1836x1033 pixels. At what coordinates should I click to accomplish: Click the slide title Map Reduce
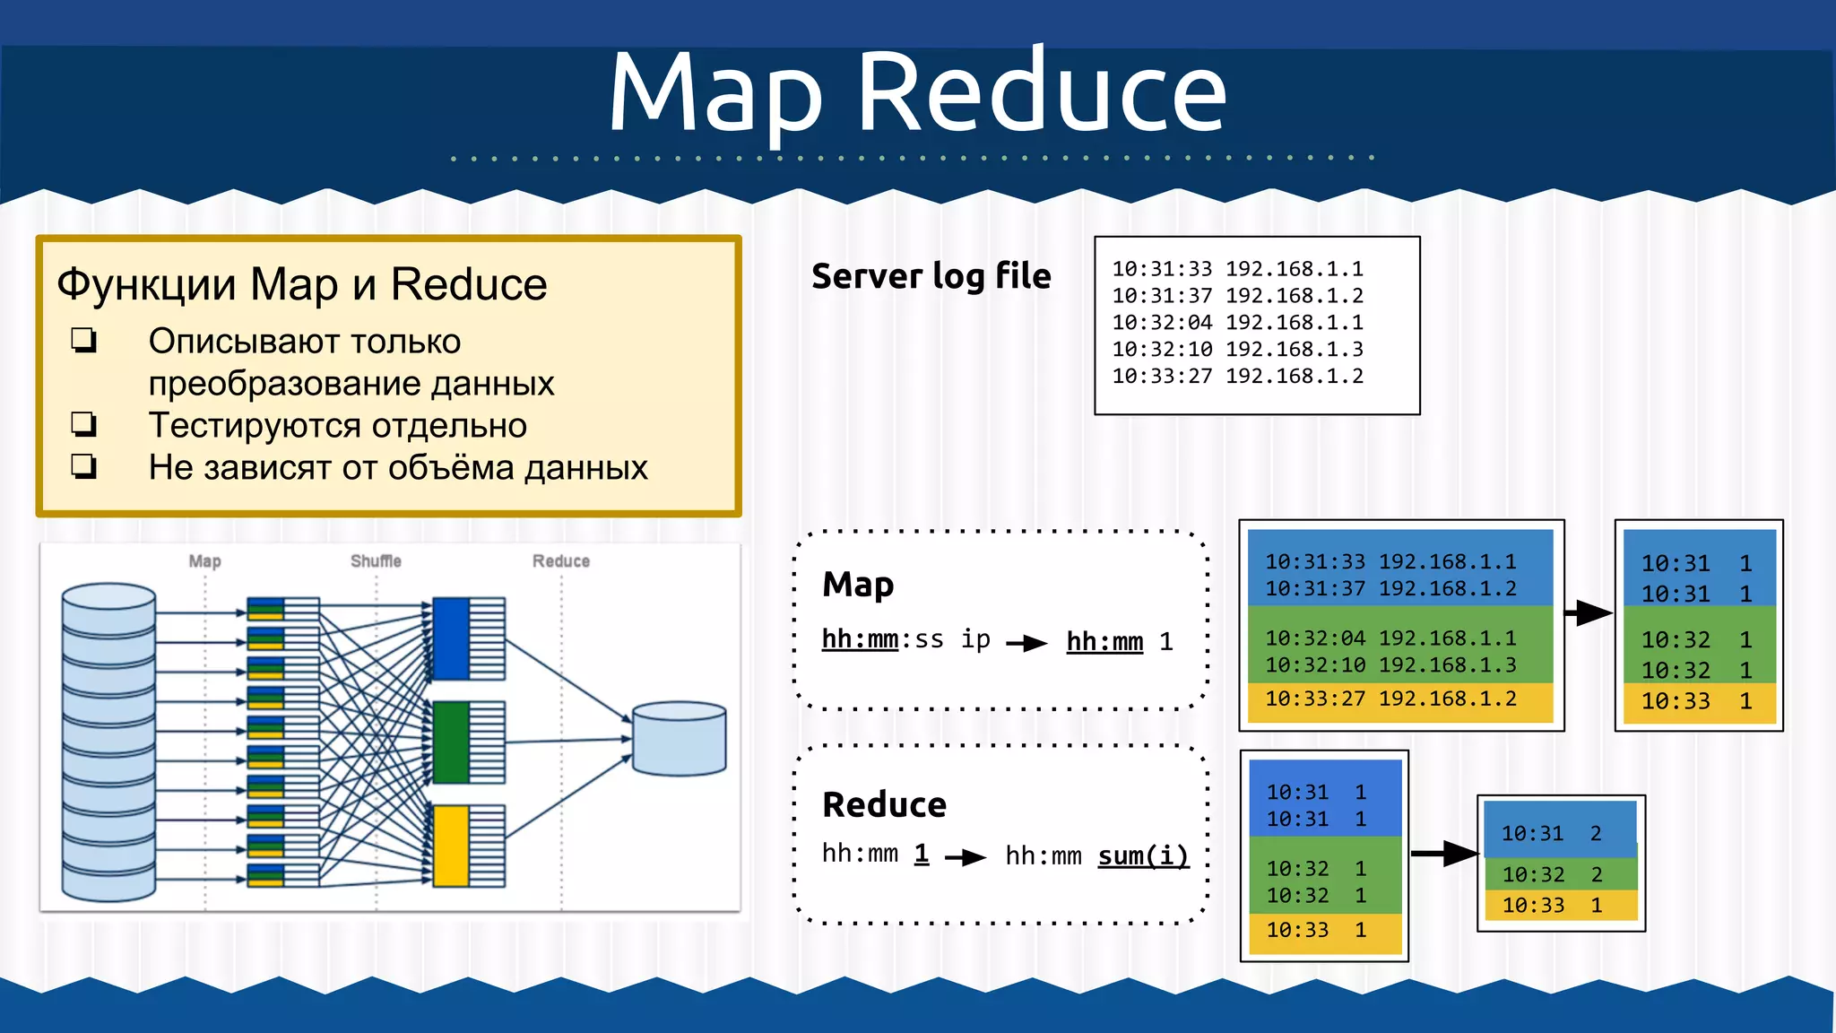[x=917, y=92]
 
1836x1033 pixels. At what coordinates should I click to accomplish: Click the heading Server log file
[x=931, y=276]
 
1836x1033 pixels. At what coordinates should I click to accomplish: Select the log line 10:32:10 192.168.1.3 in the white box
[x=1237, y=350]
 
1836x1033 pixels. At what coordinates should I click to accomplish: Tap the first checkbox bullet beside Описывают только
[x=84, y=340]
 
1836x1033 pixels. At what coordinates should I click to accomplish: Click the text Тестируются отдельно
[x=337, y=425]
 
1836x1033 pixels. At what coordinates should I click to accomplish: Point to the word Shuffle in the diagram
[x=376, y=561]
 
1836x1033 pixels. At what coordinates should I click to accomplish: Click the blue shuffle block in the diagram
[x=451, y=638]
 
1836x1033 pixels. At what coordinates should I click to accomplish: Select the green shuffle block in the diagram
[x=451, y=742]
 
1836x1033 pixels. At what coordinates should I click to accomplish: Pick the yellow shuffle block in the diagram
[x=451, y=846]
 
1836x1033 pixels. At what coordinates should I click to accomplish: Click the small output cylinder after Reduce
[x=679, y=739]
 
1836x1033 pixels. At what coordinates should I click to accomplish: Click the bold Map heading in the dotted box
[x=858, y=585]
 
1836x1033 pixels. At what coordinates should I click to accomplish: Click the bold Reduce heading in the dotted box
[x=884, y=804]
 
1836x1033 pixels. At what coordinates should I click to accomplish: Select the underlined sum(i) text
[x=1143, y=856]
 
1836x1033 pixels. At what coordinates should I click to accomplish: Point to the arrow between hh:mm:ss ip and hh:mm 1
[x=1026, y=642]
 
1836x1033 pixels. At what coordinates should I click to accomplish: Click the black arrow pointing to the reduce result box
[x=1444, y=854]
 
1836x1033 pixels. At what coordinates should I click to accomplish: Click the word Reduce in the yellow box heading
[x=468, y=285]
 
